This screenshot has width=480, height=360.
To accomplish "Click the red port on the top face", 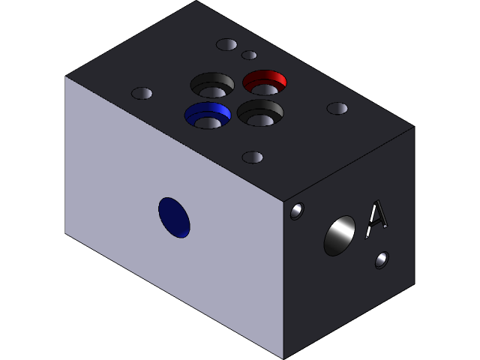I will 265,82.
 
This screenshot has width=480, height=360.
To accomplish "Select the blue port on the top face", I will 207,115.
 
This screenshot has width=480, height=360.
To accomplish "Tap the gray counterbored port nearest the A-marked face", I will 259,113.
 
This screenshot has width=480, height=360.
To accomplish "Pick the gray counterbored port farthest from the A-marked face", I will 212,84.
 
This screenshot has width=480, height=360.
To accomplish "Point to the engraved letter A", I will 376,218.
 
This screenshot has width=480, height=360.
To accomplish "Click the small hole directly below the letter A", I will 382,259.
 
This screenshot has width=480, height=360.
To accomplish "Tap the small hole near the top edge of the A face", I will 297,211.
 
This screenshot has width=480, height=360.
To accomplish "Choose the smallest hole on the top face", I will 249,55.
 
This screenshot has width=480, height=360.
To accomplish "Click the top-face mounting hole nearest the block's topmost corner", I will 226,44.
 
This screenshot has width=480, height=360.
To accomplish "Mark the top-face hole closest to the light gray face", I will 142,94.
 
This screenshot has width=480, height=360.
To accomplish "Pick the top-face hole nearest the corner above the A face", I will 337,109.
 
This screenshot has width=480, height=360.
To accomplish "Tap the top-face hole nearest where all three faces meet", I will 253,157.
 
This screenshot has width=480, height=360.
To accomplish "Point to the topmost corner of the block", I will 196,1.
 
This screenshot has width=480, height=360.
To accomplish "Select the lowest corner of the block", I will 283,358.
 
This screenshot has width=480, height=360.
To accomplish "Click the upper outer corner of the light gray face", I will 66,76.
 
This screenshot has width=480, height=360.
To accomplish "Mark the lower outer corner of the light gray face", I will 66,232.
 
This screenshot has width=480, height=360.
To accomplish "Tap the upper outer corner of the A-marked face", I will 414,127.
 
